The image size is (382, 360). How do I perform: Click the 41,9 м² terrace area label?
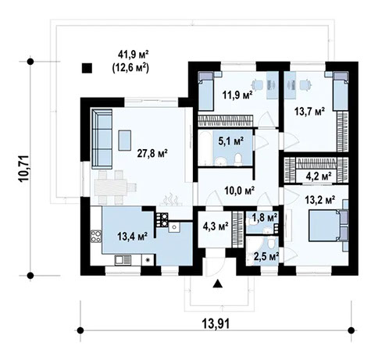point(133,54)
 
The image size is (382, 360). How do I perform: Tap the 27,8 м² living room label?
point(154,155)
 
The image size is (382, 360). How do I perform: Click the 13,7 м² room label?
point(309,111)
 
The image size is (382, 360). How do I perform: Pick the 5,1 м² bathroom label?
point(230,142)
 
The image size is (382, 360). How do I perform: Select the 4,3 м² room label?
point(214,227)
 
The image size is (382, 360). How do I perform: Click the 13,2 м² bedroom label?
point(320,199)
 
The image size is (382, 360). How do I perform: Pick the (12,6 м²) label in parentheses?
point(133,67)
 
